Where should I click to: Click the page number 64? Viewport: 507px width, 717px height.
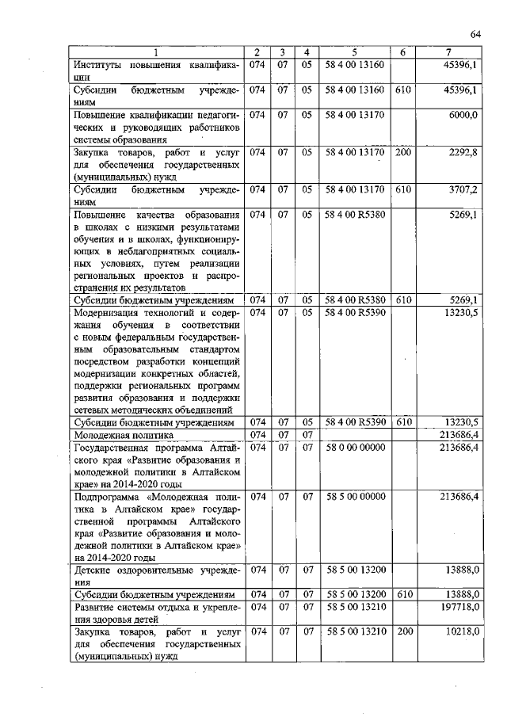click(476, 33)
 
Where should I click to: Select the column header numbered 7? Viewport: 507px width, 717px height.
click(448, 52)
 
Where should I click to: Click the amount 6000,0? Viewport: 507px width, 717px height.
click(463, 115)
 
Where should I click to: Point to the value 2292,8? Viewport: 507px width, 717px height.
click(463, 151)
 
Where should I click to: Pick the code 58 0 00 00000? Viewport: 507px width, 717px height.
click(354, 448)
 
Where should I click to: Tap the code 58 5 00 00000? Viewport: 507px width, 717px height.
click(354, 497)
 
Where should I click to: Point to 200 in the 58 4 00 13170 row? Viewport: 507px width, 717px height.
click(402, 151)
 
